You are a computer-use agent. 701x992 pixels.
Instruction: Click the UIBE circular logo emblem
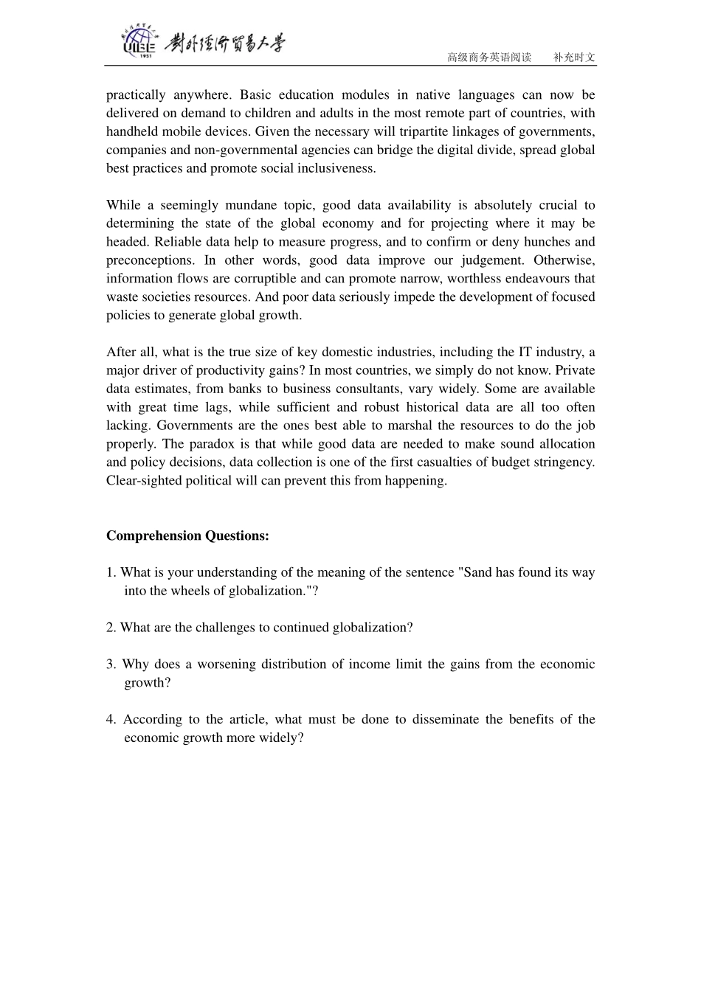(x=139, y=41)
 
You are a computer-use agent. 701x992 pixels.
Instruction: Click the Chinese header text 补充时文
(x=574, y=58)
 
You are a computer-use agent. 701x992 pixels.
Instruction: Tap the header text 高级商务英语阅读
(x=489, y=58)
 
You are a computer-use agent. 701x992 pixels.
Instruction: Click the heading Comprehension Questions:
(x=187, y=536)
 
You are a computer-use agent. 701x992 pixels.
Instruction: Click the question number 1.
(x=110, y=572)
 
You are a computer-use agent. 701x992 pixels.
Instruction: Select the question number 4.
(x=110, y=719)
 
